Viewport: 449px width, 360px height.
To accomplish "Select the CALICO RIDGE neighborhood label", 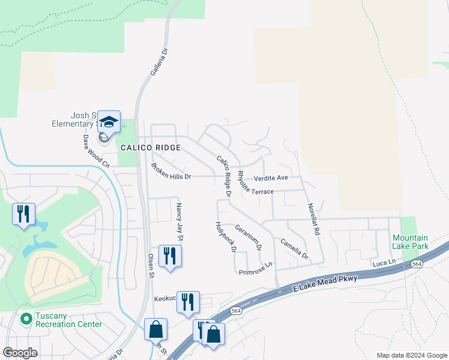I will (150, 148).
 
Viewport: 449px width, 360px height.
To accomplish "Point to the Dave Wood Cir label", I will (96, 150).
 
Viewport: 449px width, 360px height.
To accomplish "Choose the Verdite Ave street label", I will (271, 178).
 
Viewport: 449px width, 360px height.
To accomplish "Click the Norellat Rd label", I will (313, 217).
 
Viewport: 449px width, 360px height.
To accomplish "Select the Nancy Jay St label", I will (179, 221).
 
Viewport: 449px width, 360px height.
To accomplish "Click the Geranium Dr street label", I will (249, 237).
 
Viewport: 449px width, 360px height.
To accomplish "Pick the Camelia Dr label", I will (294, 249).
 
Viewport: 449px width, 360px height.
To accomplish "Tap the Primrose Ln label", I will (256, 268).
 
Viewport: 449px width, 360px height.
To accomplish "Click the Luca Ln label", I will (384, 263).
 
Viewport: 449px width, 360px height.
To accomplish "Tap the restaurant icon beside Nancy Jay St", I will (170, 256).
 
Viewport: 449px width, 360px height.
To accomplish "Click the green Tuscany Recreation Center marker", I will (26, 319).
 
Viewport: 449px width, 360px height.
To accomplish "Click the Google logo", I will (20, 353).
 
